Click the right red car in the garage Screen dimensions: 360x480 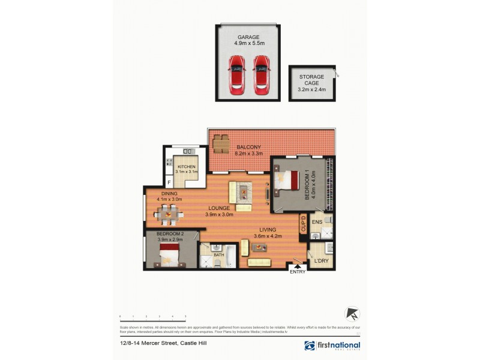click(x=261, y=75)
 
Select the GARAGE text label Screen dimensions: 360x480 click(x=248, y=37)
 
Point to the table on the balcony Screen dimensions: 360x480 click(x=221, y=144)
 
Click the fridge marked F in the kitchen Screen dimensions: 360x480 click(x=169, y=182)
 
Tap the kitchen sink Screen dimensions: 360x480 click(x=187, y=151)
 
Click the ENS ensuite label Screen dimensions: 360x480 click(x=317, y=221)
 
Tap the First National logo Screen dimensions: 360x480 click(x=332, y=346)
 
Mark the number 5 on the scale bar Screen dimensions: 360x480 click(x=185, y=315)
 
